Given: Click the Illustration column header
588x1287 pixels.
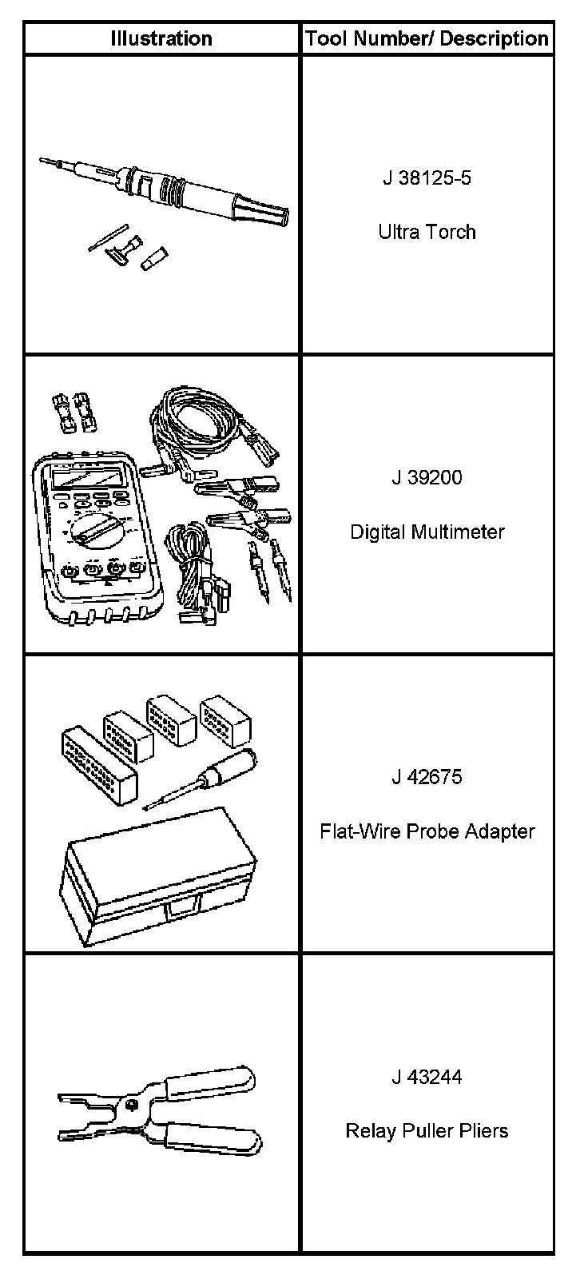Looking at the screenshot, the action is pos(161,38).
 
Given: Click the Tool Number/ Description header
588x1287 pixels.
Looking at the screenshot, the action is pos(427,38).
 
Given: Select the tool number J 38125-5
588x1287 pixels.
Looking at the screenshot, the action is pos(427,177).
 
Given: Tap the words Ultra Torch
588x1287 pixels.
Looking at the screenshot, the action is pos(427,232).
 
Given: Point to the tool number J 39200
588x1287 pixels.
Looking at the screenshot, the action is pos(427,477).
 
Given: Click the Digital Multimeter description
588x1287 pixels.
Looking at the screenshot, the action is pos(427,532).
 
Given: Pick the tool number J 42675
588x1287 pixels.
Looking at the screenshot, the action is pos(427,777).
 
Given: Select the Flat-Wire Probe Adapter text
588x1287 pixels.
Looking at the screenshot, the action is pos(427,831).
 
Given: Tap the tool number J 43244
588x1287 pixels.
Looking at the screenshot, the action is pos(427,1077).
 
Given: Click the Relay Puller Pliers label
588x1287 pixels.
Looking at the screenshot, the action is pos(427,1131).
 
